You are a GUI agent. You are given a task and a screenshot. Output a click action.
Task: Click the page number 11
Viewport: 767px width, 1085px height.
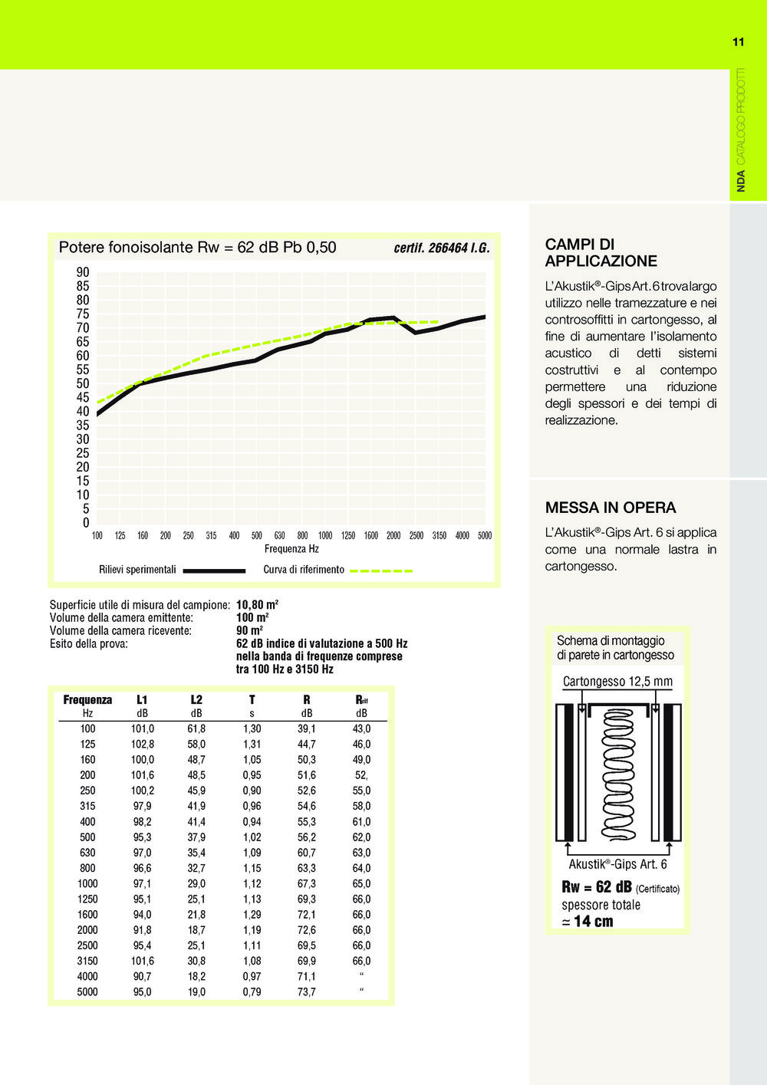(x=738, y=42)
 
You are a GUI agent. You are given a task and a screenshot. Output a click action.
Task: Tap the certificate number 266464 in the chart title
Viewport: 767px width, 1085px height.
(x=448, y=248)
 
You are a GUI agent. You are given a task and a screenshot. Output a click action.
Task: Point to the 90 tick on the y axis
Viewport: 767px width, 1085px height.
(x=83, y=272)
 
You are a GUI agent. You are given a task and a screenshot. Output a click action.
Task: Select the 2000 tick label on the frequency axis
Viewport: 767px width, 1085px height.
(x=393, y=535)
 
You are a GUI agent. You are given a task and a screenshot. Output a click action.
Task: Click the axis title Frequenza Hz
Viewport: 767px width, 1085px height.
(x=291, y=549)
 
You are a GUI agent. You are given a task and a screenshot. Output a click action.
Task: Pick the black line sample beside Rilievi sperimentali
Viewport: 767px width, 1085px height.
(x=214, y=570)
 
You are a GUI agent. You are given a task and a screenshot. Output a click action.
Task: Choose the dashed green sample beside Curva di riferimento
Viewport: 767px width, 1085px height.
(x=381, y=571)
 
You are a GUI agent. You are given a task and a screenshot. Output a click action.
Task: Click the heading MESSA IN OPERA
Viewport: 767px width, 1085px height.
(x=611, y=508)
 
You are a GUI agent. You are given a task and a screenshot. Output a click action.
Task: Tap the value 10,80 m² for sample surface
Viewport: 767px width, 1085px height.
(x=257, y=604)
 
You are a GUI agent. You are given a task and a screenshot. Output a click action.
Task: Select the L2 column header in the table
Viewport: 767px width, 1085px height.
(x=196, y=699)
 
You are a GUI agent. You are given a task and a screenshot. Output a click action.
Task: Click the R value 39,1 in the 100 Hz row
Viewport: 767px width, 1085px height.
(x=307, y=728)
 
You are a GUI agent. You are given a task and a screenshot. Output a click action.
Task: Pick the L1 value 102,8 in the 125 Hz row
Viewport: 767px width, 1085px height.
(x=143, y=744)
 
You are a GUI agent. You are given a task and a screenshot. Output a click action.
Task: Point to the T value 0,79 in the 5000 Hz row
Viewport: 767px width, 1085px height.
(x=252, y=992)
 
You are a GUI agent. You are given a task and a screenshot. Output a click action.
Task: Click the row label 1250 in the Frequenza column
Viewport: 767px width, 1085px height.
(x=87, y=899)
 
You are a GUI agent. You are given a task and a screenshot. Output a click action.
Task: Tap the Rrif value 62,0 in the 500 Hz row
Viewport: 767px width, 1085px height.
(x=361, y=837)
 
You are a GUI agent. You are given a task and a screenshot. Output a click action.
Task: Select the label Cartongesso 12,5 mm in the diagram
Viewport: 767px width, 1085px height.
(x=617, y=682)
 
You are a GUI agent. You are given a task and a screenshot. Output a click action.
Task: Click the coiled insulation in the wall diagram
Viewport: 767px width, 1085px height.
(x=617, y=774)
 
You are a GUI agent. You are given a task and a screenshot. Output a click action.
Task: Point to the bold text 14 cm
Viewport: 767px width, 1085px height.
(x=594, y=921)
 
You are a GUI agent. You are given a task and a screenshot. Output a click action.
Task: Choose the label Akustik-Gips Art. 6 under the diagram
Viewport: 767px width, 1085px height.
(x=617, y=864)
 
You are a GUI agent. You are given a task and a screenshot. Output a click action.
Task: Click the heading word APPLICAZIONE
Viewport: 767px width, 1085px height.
(x=601, y=261)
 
